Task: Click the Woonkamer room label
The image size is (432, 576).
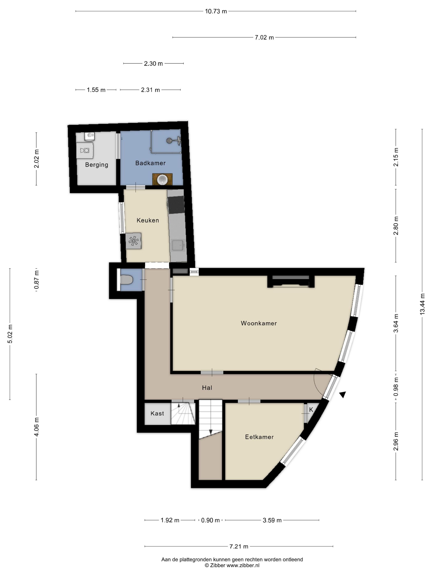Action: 259,323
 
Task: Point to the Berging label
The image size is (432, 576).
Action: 97,165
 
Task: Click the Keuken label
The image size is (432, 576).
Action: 148,220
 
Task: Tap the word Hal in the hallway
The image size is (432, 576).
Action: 207,388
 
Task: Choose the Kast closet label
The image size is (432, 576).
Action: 157,413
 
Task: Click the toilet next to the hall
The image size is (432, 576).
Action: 127,280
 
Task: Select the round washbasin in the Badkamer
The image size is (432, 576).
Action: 163,179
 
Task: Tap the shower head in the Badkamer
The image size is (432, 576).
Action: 170,140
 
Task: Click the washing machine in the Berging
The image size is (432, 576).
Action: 85,150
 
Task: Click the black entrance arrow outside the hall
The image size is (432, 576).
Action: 343,395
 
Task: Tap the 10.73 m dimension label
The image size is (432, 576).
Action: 216,11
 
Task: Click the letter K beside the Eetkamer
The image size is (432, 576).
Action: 311,410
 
